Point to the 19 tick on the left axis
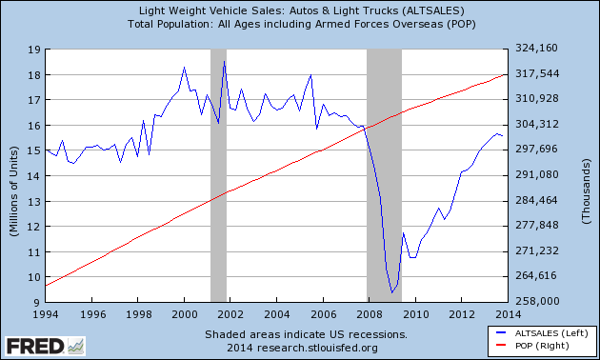tap(32, 50)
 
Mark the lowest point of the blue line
tap(392, 292)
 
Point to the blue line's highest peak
tap(224, 62)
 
